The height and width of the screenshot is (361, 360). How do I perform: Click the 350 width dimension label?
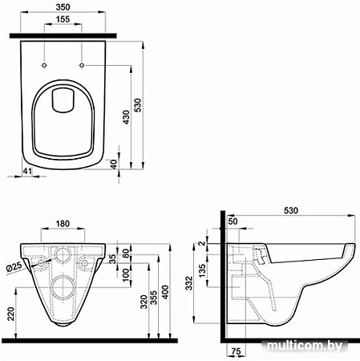point(63,7)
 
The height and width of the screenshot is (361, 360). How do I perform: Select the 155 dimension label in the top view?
point(63,19)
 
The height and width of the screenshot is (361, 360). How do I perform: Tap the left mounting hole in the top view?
point(44,65)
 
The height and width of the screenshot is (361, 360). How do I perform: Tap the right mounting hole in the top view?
point(82,65)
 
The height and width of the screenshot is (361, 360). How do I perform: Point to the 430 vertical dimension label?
point(126,117)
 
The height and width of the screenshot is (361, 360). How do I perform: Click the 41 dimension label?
point(27,171)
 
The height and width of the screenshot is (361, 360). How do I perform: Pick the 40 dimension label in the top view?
point(114,164)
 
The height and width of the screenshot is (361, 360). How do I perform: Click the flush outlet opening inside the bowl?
point(63,99)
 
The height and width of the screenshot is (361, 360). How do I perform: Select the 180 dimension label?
point(63,224)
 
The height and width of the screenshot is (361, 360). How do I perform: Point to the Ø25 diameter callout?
point(14,267)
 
